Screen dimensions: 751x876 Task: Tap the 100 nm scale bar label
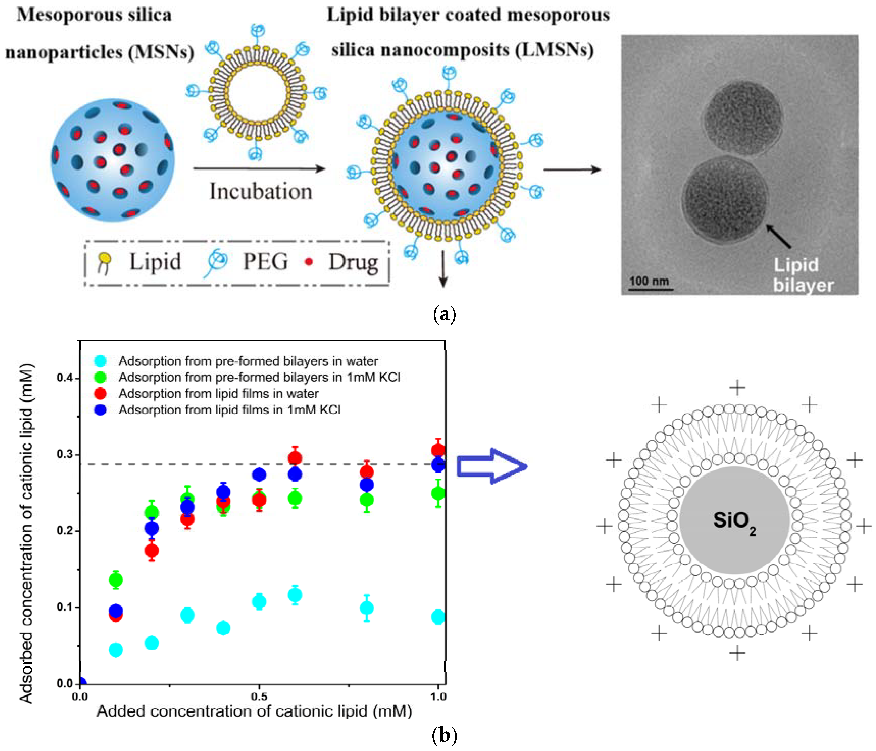[x=649, y=281]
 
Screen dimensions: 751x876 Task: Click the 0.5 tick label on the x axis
[x=259, y=696]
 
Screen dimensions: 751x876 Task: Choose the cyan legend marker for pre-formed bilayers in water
[x=100, y=361]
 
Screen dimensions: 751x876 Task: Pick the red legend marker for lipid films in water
[x=100, y=393]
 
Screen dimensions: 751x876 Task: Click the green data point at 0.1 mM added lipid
[x=116, y=580]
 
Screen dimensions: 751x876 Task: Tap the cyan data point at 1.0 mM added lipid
[x=438, y=617]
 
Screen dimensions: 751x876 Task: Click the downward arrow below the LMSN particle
[x=443, y=270]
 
